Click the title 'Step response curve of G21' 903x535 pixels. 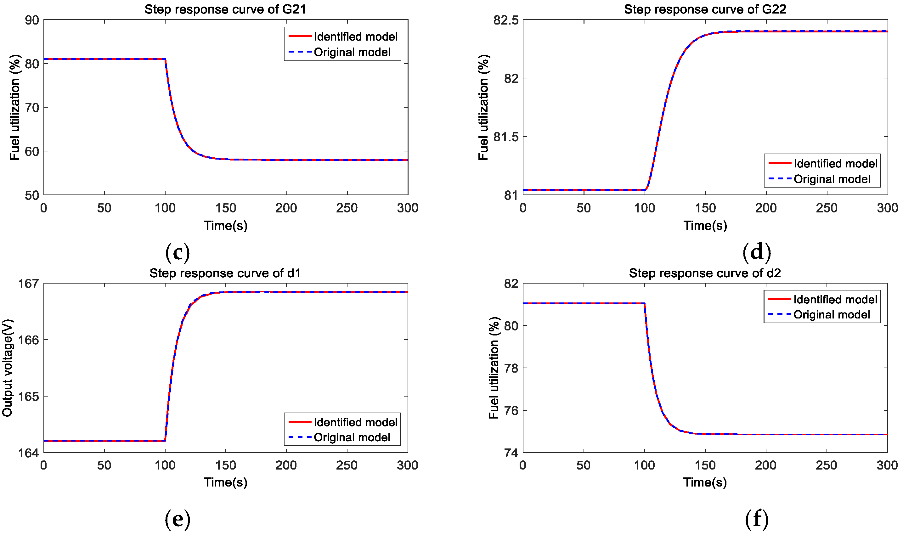click(x=225, y=9)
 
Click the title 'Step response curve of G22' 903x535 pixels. click(x=705, y=9)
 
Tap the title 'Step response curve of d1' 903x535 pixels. click(x=225, y=273)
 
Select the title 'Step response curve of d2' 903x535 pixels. click(x=705, y=273)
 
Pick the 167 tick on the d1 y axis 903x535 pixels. click(x=28, y=284)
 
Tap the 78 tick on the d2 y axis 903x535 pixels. click(x=511, y=369)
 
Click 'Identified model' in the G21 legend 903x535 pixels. click(x=355, y=37)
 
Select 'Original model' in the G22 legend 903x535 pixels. click(x=832, y=179)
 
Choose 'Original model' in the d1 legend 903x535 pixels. click(x=352, y=438)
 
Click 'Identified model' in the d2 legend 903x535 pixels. click(x=835, y=300)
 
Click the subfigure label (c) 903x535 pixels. click(x=177, y=252)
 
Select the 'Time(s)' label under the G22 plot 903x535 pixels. click(x=705, y=226)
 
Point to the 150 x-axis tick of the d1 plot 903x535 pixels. click(x=226, y=465)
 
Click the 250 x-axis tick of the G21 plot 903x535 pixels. click(x=347, y=208)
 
